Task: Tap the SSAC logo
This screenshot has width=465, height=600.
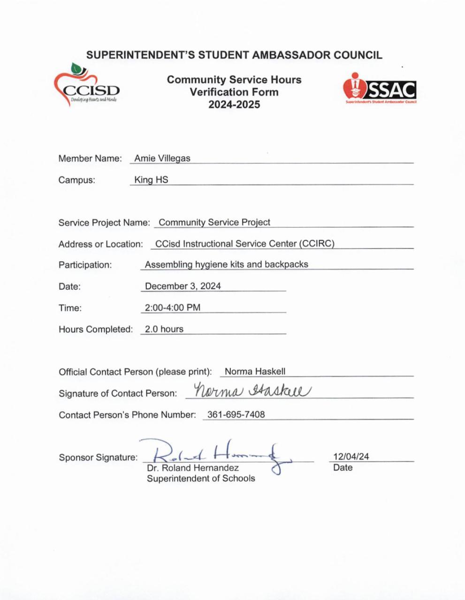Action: click(380, 89)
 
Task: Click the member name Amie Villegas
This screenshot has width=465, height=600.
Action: click(162, 158)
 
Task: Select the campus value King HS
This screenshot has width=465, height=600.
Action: click(151, 180)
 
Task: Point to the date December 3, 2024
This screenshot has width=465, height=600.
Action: click(183, 286)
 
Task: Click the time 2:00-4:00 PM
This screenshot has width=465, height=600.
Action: click(173, 308)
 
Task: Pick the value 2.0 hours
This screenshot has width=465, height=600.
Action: click(164, 329)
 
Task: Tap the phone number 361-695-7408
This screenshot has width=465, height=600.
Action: click(236, 415)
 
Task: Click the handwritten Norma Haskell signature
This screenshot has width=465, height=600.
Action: click(252, 390)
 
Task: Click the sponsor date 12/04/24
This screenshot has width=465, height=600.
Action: click(351, 457)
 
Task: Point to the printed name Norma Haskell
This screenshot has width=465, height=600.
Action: click(255, 372)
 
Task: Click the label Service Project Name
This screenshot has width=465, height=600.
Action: click(104, 223)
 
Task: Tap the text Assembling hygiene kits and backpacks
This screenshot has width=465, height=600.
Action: click(226, 264)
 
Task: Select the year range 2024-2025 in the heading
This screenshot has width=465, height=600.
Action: click(234, 105)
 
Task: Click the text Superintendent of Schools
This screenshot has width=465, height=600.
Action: click(201, 479)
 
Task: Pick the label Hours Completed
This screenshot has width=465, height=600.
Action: click(96, 330)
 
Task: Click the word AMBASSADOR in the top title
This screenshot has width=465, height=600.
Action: click(291, 55)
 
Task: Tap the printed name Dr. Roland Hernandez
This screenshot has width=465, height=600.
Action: click(193, 468)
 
